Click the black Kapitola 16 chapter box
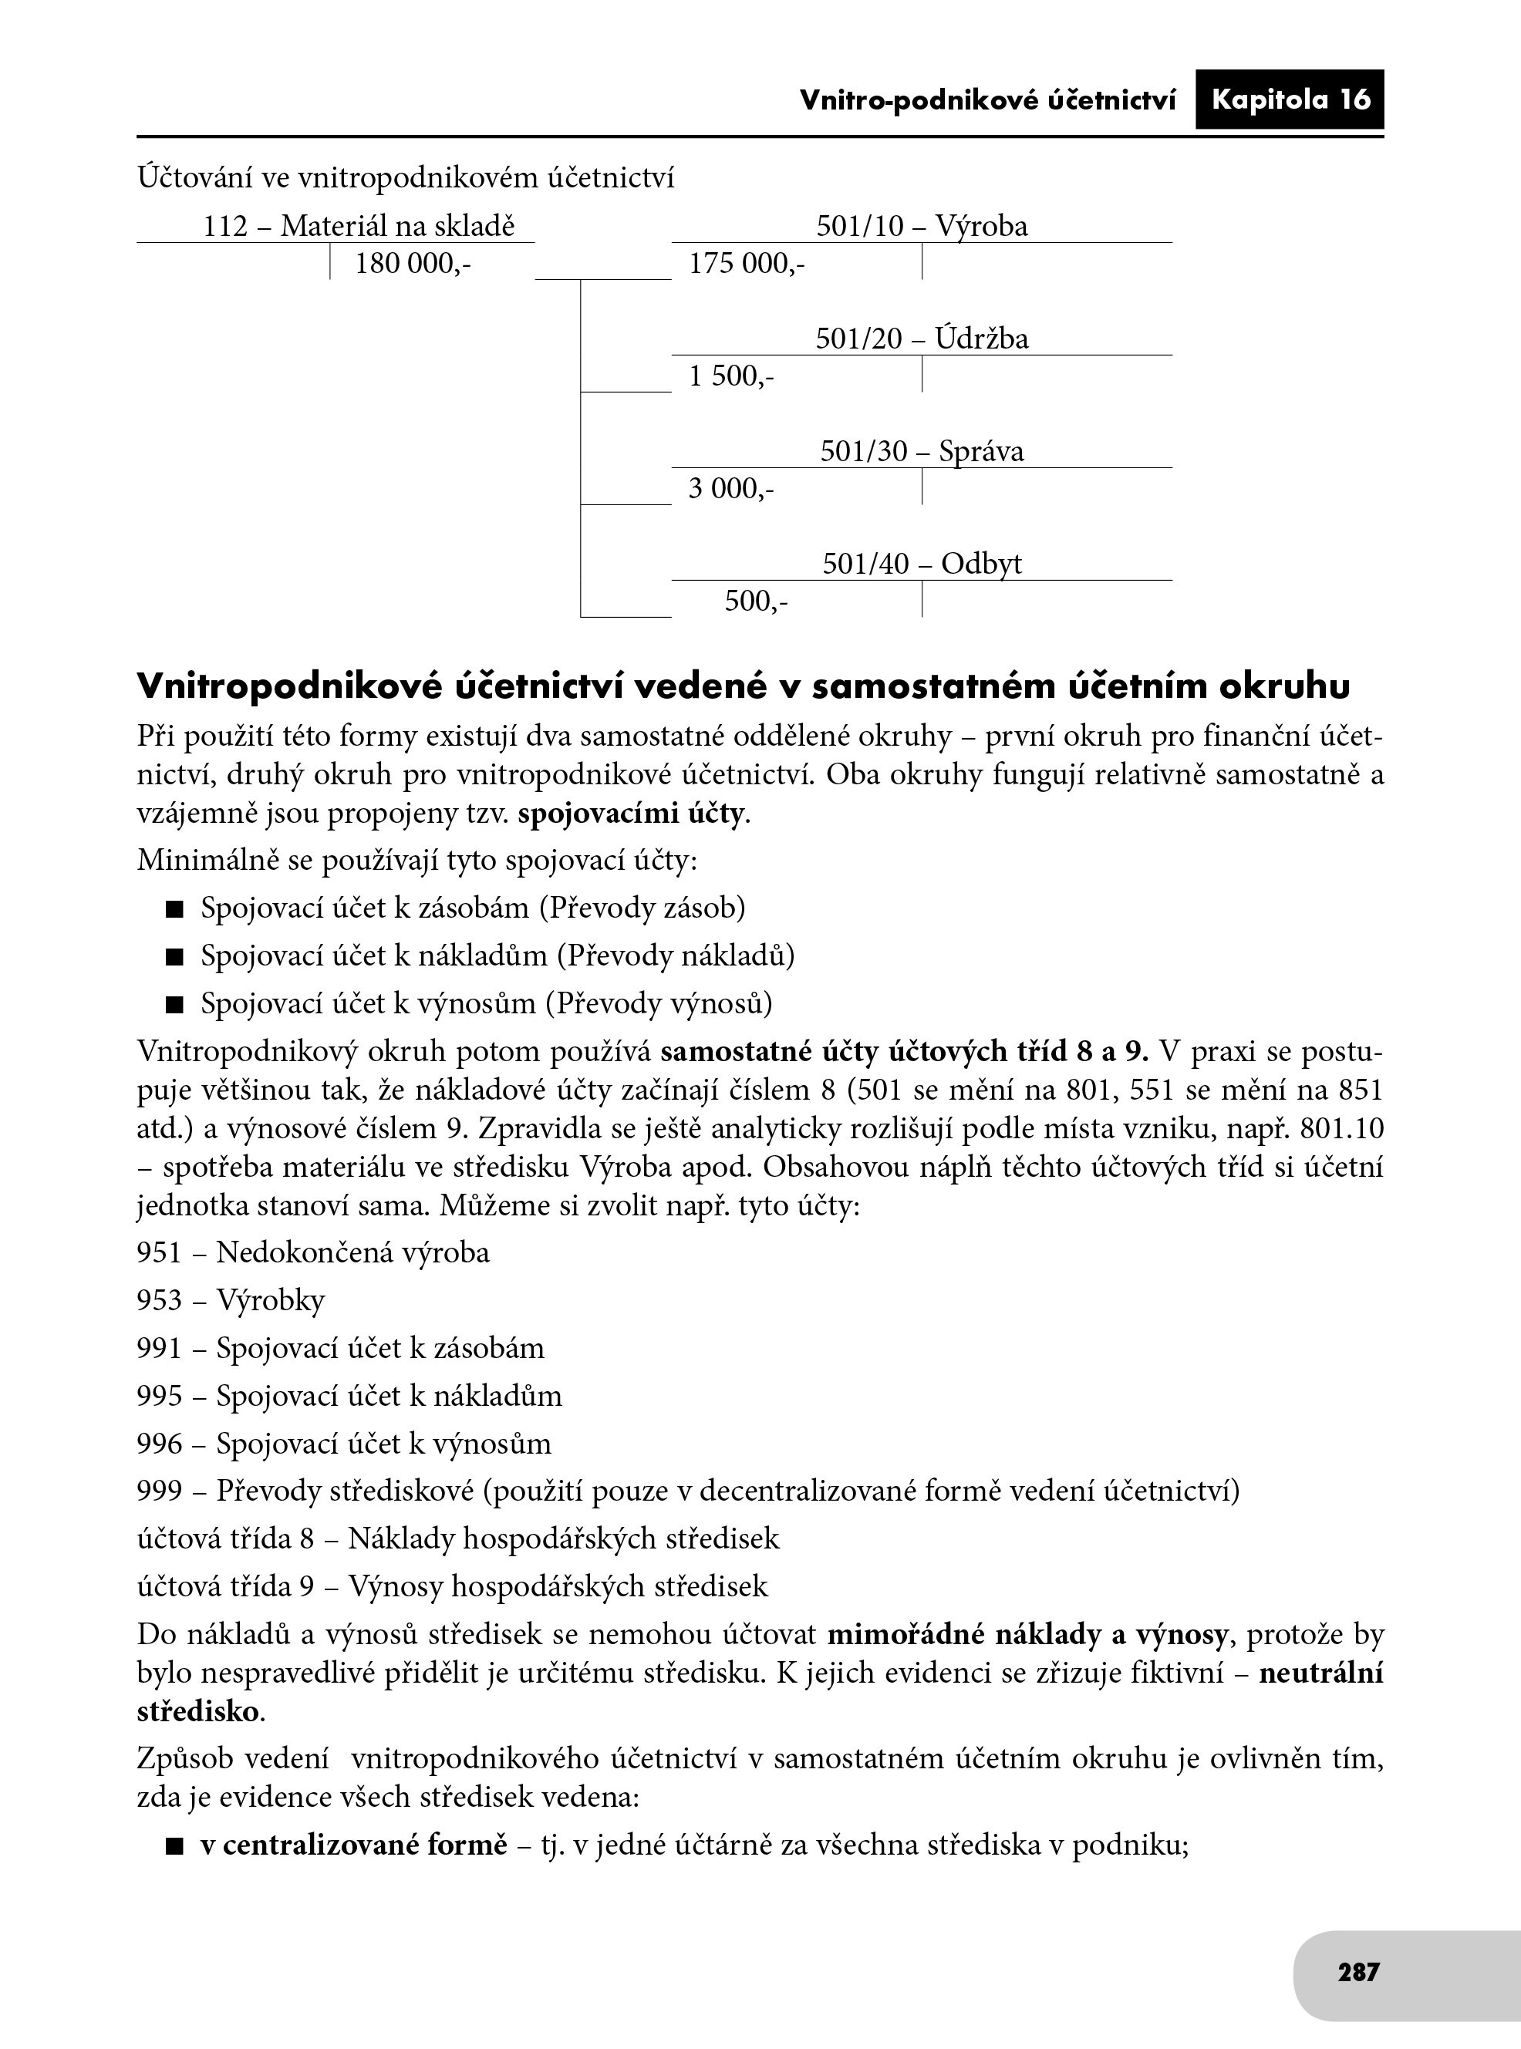[1289, 99]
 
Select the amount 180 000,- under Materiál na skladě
[413, 265]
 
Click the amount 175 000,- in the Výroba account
[747, 265]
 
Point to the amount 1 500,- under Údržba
[732, 376]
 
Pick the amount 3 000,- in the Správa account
[732, 489]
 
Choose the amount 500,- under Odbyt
[756, 601]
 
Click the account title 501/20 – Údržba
[922, 339]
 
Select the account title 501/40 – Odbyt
[922, 563]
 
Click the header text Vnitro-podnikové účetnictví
[987, 100]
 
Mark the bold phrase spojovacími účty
[632, 814]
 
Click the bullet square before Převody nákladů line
[175, 957]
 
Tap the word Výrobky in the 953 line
[271, 1301]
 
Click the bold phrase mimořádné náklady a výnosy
[1027, 1635]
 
